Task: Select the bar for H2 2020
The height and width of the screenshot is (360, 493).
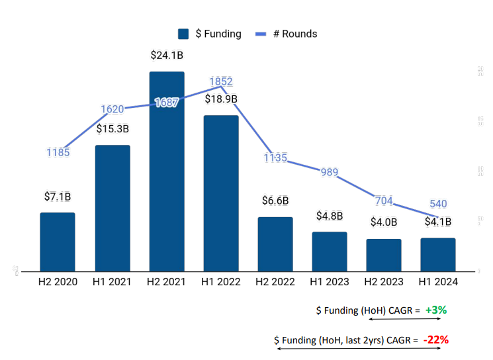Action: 58,242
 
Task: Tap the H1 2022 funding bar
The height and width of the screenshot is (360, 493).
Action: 221,193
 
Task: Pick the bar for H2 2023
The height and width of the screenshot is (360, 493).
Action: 384,255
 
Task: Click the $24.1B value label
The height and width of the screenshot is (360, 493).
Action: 167,56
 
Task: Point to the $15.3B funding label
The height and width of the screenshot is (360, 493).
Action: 112,129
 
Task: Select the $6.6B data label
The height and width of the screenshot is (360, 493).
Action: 275,201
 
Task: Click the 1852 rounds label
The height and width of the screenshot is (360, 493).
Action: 221,81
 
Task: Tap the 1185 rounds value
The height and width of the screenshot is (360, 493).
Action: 58,153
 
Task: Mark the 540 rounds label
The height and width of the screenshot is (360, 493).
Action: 437,204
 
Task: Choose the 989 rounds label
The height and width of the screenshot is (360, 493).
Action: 329,173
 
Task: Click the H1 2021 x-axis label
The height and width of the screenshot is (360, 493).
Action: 112,281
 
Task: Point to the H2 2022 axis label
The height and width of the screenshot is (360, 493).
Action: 275,281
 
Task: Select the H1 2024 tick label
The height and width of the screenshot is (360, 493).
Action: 438,281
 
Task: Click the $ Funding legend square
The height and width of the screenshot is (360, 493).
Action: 184,34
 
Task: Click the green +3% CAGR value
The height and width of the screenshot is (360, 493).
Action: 436,310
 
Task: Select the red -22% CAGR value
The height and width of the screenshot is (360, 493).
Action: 437,339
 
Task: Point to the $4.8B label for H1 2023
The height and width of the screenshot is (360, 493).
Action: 330,215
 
